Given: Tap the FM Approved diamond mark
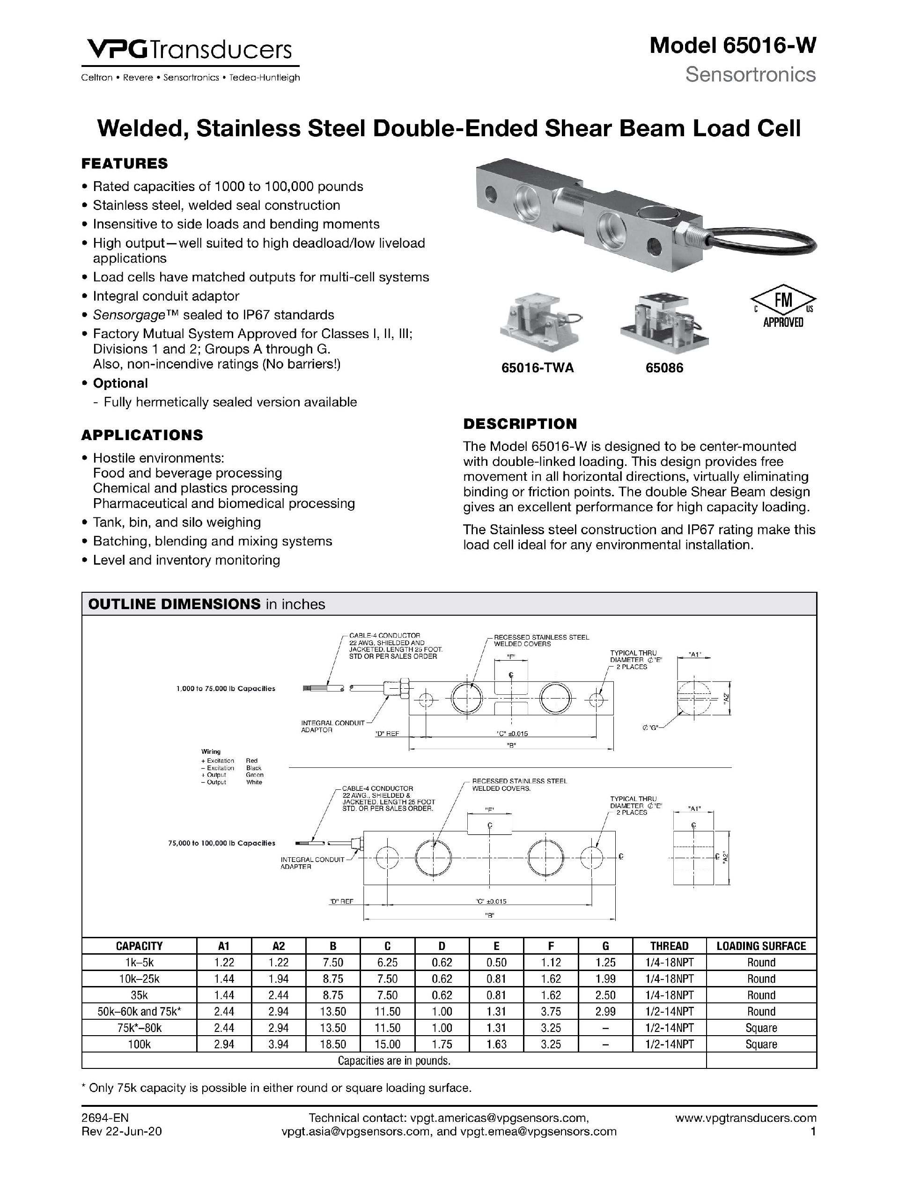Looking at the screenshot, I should pyautogui.click(x=783, y=306).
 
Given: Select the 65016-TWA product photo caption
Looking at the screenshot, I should pyautogui.click(x=538, y=368).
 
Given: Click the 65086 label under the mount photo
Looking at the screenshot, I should pyautogui.click(x=664, y=368).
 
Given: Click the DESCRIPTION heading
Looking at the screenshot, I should pyautogui.click(x=520, y=424).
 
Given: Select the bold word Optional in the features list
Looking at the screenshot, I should pyautogui.click(x=120, y=383).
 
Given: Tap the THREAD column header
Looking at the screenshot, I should pyautogui.click(x=669, y=946).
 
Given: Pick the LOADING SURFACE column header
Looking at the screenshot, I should pyautogui.click(x=761, y=946).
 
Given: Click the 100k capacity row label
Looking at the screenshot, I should pyautogui.click(x=139, y=1044).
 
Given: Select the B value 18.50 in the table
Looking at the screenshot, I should pyautogui.click(x=333, y=1044).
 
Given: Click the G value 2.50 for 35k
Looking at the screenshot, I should pyautogui.click(x=605, y=995).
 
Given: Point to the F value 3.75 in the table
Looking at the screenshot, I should pyautogui.click(x=551, y=1011).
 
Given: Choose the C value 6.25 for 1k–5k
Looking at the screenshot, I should pyautogui.click(x=387, y=962).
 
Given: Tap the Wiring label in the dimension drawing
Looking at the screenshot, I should pyautogui.click(x=211, y=751).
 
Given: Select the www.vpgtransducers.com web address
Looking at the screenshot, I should pyautogui.click(x=746, y=1118).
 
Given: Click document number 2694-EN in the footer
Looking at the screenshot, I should pyautogui.click(x=105, y=1118).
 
